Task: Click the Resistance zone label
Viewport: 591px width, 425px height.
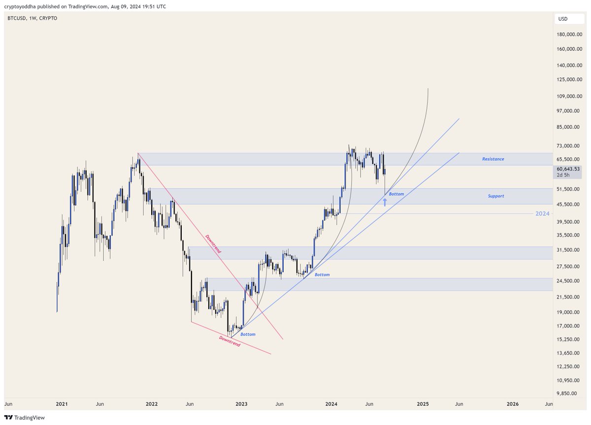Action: [492, 159]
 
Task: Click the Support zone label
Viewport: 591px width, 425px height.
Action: [496, 196]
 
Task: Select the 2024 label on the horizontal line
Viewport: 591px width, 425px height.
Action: [542, 214]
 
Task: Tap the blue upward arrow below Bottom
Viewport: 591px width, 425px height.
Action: [385, 201]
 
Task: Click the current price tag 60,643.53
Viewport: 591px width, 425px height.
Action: [568, 169]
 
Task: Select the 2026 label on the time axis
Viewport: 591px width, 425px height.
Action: [513, 404]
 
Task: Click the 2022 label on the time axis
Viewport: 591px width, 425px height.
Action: [151, 404]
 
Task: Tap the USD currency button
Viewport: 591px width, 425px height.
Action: [562, 19]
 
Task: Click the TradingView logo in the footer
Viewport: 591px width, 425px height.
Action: [25, 418]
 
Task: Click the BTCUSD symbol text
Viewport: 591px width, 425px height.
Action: [17, 18]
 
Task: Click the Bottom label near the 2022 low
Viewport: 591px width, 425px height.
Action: [248, 334]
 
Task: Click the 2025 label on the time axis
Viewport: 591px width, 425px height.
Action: [423, 404]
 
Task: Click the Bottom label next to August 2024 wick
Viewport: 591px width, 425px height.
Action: [396, 194]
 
